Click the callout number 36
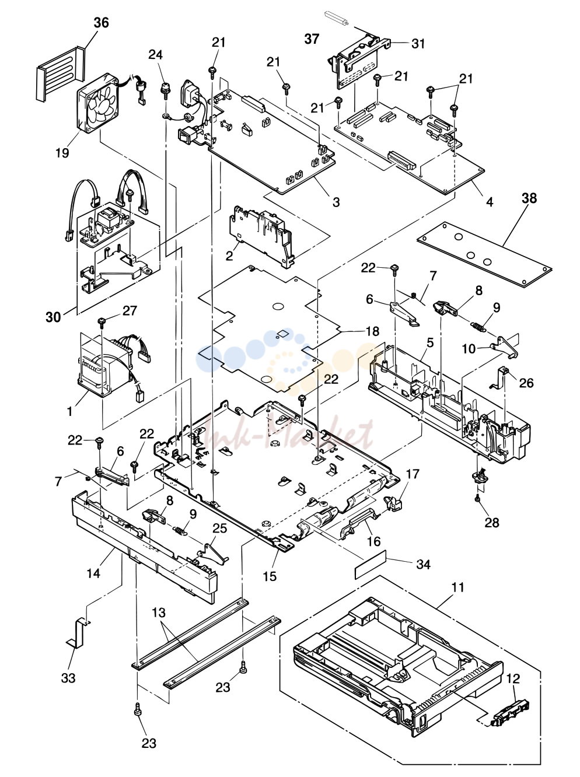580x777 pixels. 102,23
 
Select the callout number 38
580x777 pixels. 529,198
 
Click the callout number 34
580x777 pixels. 424,564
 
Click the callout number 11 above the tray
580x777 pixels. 457,587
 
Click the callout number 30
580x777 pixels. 53,317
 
